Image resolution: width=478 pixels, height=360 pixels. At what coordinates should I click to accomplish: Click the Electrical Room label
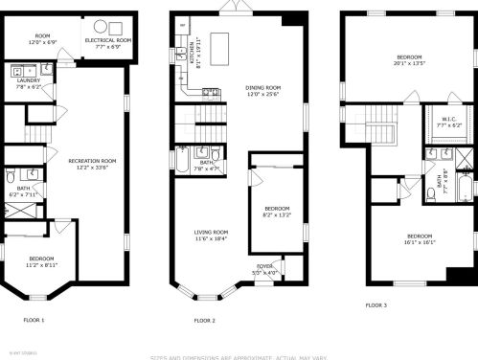point(107,43)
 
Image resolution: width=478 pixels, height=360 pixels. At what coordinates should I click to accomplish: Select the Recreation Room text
point(92,164)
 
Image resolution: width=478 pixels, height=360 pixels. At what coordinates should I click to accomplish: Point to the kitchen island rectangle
point(222,45)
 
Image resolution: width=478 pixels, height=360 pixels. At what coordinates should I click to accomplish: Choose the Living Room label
point(211,235)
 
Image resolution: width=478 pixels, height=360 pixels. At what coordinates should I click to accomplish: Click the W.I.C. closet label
point(449,122)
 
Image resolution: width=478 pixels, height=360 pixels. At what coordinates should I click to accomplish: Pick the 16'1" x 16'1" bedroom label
point(420,238)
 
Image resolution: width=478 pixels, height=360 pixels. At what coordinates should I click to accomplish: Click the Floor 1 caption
point(34,319)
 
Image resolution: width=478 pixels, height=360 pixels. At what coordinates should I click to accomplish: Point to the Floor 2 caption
point(204,320)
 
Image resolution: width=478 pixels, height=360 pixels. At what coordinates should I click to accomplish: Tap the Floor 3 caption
point(376,305)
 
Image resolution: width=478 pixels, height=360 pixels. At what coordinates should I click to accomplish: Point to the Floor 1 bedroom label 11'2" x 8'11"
point(42,261)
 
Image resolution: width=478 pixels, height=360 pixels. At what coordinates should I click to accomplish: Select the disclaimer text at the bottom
point(239,356)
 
